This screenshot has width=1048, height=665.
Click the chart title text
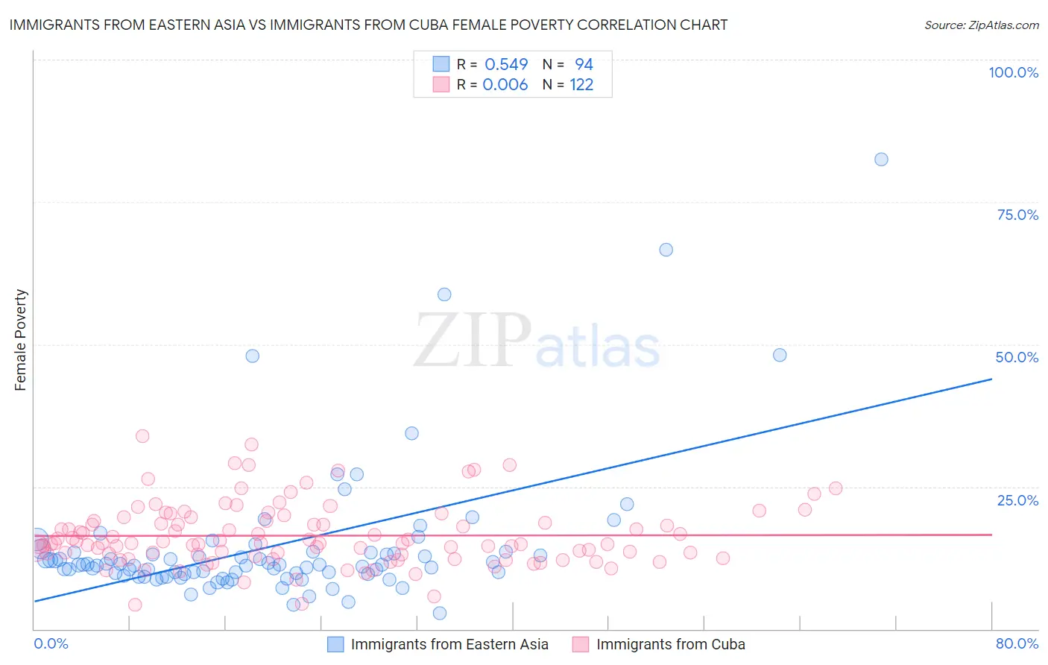tap(368, 25)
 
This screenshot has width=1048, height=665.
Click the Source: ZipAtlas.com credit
tap(981, 25)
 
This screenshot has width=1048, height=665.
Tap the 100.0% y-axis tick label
tap(1013, 72)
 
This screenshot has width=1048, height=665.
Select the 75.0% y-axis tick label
tap(1017, 215)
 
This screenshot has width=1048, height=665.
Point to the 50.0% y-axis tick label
tap(1017, 357)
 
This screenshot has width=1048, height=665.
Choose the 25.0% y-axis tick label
tap(1017, 500)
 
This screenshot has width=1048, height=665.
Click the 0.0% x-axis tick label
tap(51, 643)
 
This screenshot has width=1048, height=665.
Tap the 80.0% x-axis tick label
tap(1017, 643)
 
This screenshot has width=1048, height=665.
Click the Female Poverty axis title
tap(20, 340)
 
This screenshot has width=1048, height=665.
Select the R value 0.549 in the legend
tap(506, 64)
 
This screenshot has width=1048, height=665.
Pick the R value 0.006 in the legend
tap(505, 84)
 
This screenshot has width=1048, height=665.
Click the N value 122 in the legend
tap(581, 84)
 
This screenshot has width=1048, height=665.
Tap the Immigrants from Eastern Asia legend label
tap(449, 644)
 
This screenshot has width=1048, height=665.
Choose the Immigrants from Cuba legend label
tap(671, 644)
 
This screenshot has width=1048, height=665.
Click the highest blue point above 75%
tap(881, 159)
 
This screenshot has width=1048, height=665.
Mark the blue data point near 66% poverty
tap(666, 250)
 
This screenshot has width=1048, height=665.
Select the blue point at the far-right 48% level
tap(780, 355)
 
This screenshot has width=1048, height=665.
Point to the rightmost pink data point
tap(836, 488)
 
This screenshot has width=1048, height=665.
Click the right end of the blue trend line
tap(991, 379)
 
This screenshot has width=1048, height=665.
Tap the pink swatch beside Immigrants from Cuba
tap(581, 644)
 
